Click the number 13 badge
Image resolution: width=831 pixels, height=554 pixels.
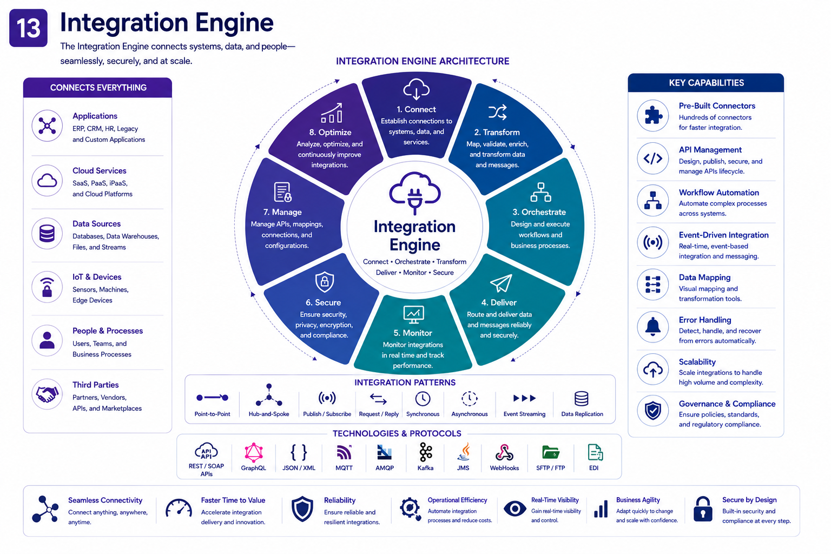[x=28, y=28]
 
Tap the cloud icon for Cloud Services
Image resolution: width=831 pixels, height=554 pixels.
[x=47, y=181]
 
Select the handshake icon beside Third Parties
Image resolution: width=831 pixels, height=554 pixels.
[x=47, y=394]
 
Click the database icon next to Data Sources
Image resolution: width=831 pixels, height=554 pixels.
[x=47, y=234]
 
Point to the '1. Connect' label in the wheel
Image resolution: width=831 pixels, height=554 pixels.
[x=416, y=109]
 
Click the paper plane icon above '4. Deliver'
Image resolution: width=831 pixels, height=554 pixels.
[x=501, y=283]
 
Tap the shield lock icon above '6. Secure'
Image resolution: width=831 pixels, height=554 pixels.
[x=325, y=282]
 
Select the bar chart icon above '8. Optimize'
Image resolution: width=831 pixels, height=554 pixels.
[x=332, y=113]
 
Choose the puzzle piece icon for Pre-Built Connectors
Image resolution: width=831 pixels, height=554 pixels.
[x=653, y=115]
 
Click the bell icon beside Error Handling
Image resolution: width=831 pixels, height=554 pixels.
[x=653, y=327]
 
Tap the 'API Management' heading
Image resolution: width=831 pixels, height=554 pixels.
[x=710, y=150]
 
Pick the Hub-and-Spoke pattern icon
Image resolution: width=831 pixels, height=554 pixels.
[x=269, y=395]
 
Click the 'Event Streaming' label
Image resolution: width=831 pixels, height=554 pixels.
[x=524, y=414]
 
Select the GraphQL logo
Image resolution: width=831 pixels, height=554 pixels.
[x=254, y=453]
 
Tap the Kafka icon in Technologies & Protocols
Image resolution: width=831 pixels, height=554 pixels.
[x=426, y=452]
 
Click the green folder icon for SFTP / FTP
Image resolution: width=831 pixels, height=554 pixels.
[x=551, y=452]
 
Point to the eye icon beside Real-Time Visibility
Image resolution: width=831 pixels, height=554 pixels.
[x=515, y=509]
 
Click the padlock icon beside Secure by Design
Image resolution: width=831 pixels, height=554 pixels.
[x=703, y=509]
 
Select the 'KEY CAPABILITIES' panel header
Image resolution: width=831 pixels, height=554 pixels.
[x=706, y=83]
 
